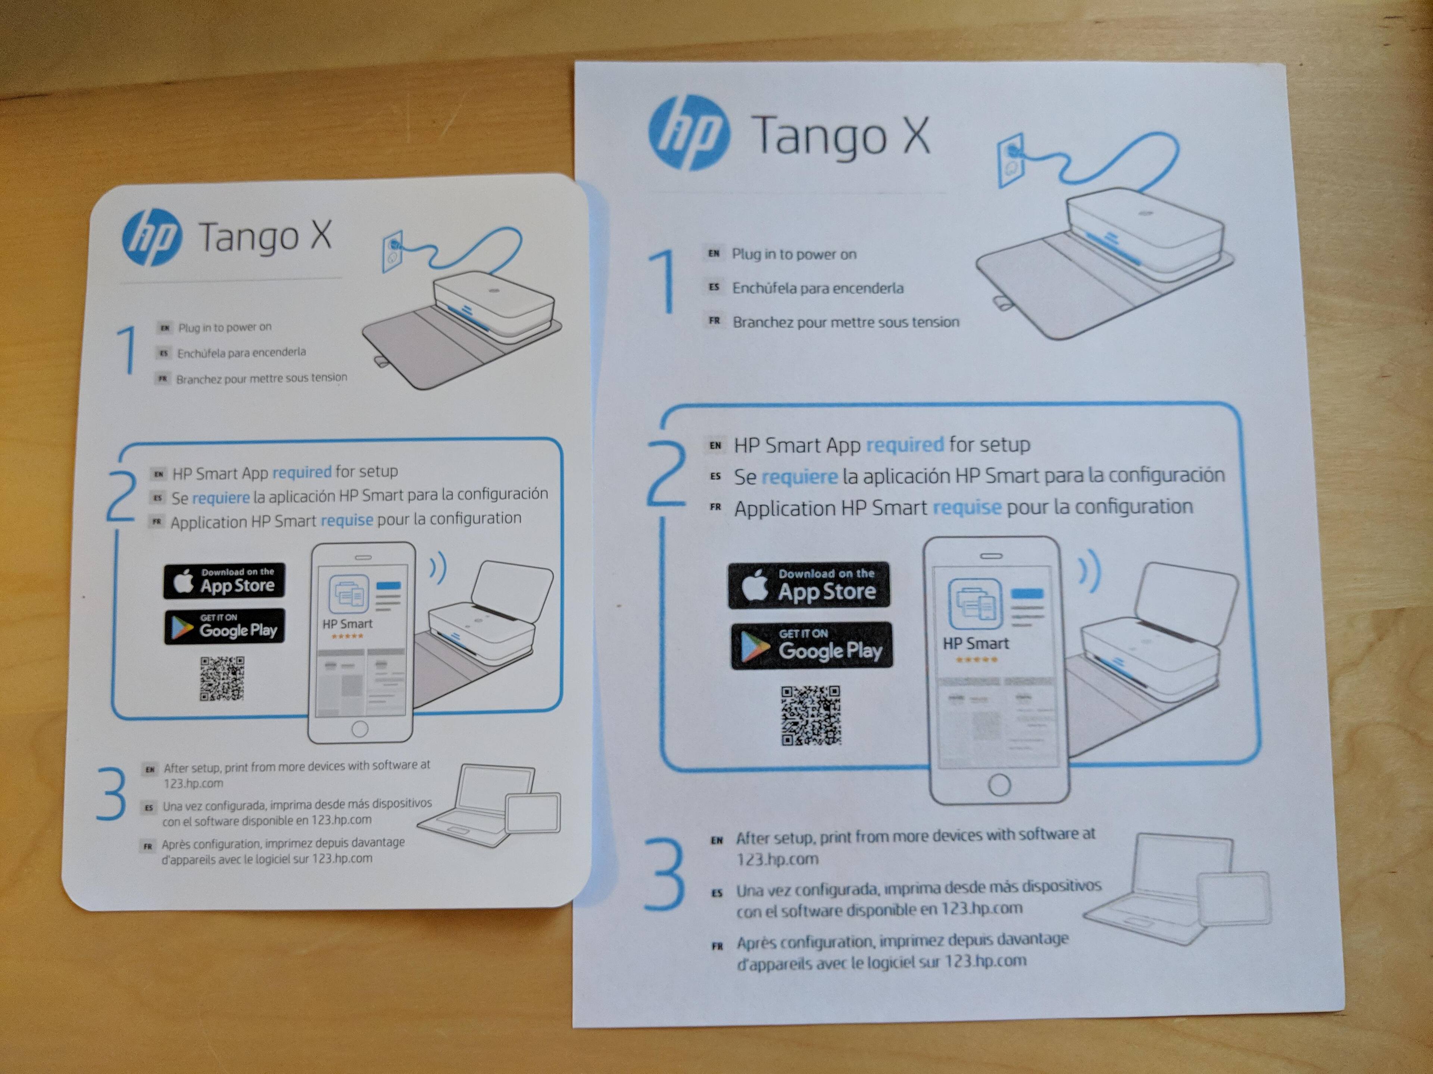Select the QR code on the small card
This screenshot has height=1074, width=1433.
point(222,678)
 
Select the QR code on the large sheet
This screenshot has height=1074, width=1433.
point(811,715)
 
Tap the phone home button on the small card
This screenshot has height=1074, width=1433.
point(359,729)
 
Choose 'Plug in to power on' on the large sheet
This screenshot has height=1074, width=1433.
point(794,254)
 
